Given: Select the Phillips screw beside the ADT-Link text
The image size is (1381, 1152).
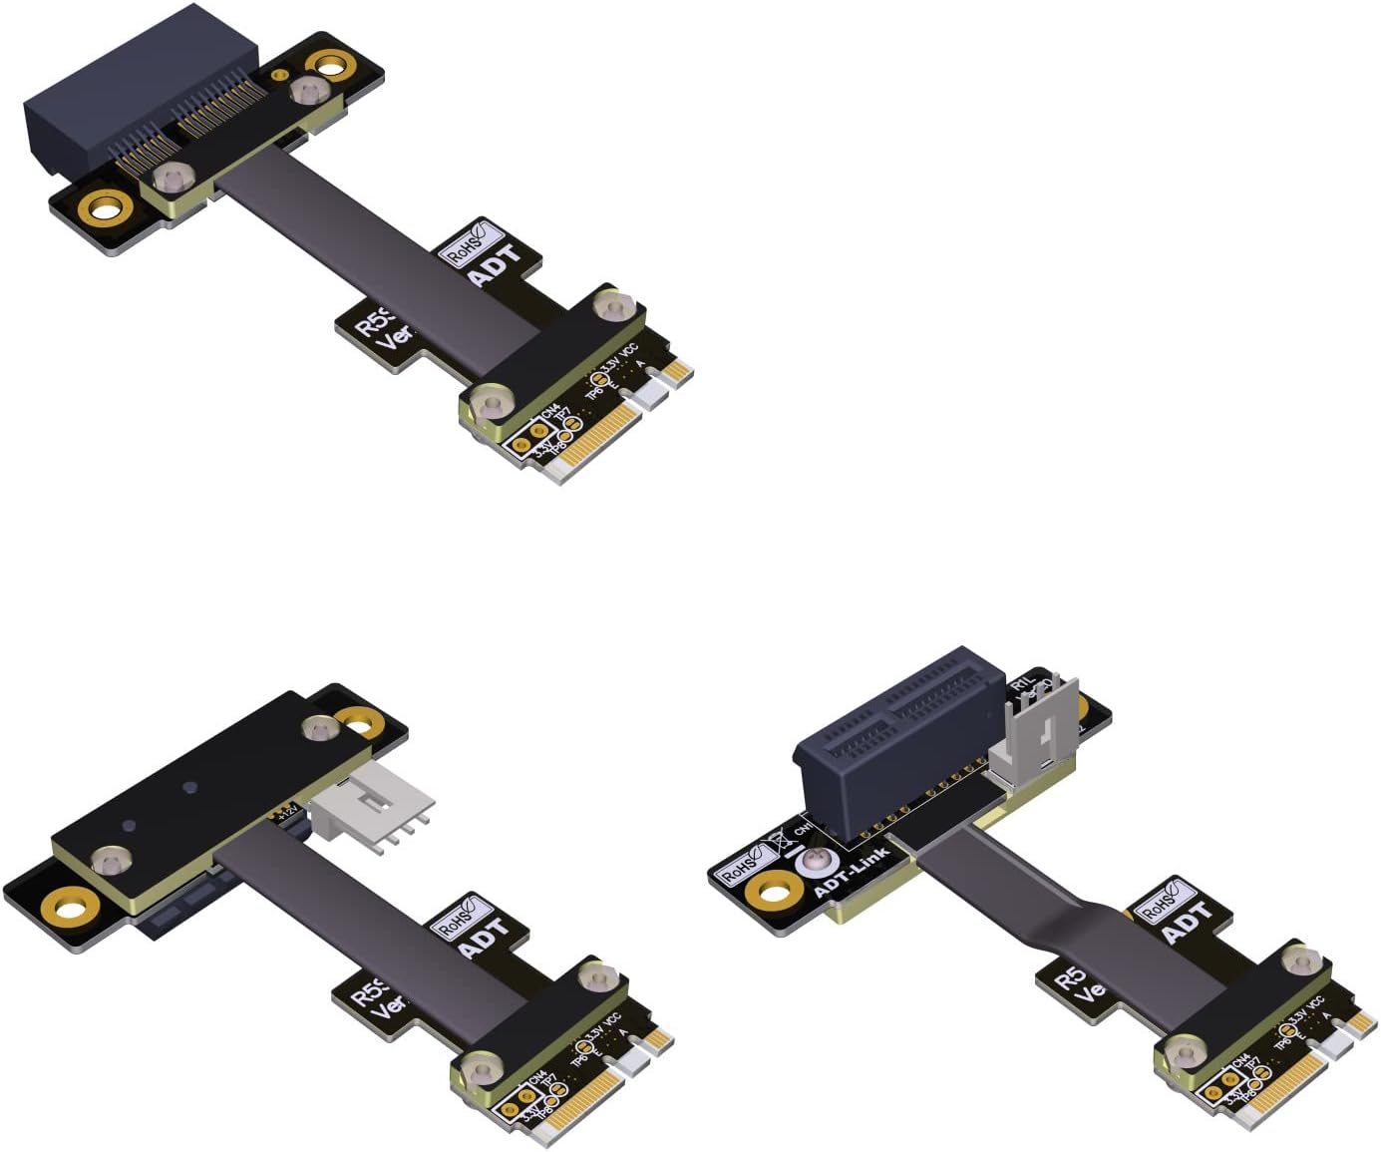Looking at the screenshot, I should point(808,861).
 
